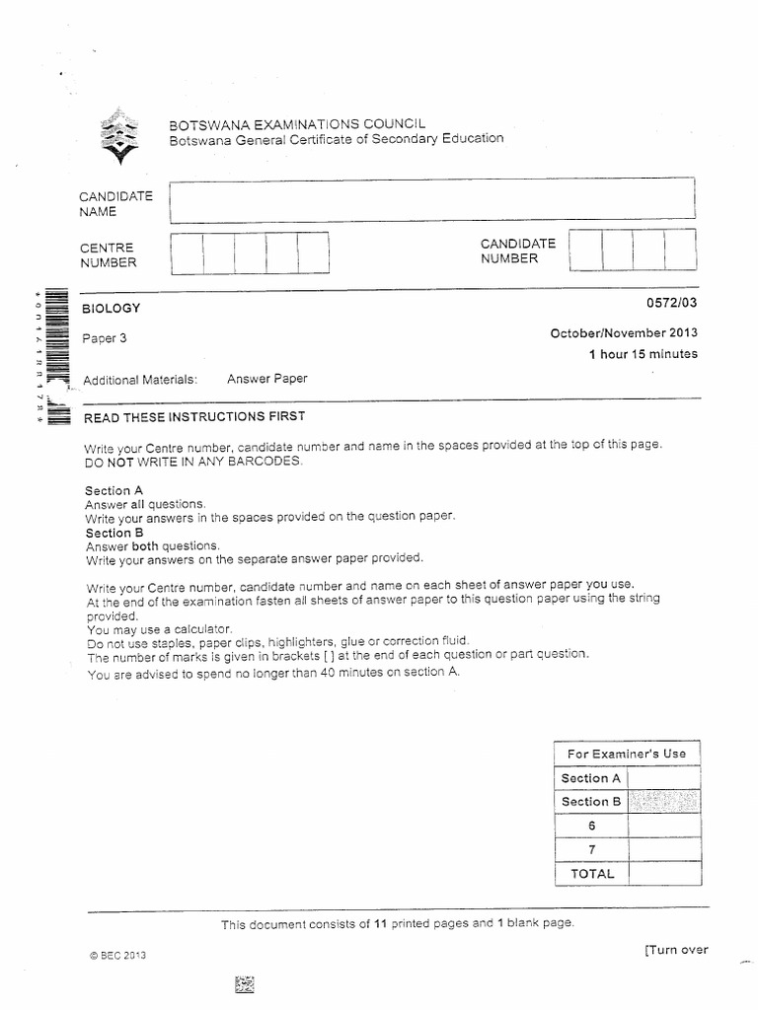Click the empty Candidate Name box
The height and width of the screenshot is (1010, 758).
431,201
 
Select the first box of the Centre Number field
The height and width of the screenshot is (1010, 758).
187,252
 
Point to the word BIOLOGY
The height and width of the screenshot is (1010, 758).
113,309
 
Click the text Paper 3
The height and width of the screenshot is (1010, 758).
106,338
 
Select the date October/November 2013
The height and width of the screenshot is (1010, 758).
624,333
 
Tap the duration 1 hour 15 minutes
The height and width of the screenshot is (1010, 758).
643,354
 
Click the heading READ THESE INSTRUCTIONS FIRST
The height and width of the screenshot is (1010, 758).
195,416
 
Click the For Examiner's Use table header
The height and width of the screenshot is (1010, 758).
626,754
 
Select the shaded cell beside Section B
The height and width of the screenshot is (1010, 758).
663,802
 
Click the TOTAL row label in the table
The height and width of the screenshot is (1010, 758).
591,873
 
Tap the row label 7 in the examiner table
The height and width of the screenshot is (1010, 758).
591,849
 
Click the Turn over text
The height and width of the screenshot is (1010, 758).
676,950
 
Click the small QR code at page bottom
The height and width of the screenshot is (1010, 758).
245,984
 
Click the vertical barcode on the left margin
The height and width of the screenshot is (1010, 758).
55,355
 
